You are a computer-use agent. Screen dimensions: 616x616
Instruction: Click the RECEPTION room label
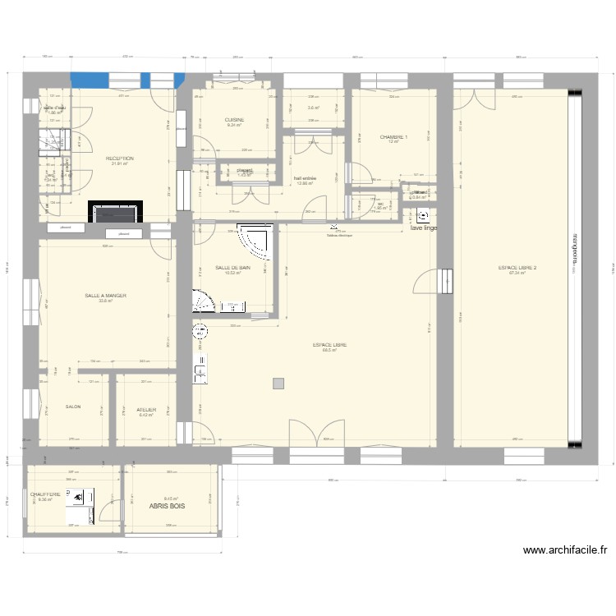120,159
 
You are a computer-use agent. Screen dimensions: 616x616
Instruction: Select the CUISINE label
234,120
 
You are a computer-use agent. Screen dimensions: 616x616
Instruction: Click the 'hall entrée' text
305,178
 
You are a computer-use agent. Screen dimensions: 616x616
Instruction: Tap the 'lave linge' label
425,228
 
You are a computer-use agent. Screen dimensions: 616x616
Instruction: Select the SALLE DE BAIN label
232,268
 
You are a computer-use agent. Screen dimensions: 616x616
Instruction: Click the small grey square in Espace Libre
278,383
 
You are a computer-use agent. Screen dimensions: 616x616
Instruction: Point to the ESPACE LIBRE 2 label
517,268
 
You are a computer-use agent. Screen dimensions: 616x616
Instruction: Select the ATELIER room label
146,409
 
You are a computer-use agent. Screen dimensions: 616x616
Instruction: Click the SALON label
72,407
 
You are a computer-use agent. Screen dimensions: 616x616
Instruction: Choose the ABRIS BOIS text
167,507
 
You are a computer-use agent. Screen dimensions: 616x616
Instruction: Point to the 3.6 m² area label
313,108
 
